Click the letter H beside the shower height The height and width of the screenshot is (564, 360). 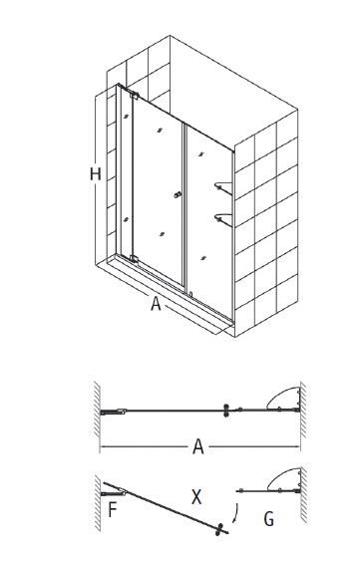click(96, 174)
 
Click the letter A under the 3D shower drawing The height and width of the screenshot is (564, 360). click(156, 304)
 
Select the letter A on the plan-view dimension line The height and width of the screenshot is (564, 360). click(198, 446)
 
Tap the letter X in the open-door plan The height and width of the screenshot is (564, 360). click(196, 497)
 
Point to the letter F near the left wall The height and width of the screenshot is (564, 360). click(113, 509)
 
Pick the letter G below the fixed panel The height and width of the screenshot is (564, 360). click(269, 519)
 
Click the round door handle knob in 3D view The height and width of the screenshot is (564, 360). click(177, 195)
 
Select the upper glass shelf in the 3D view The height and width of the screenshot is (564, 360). click(223, 187)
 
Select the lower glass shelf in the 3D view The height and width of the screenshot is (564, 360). click(223, 218)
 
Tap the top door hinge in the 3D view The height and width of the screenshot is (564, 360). click(135, 95)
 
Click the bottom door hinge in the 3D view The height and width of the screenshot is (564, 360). click(134, 259)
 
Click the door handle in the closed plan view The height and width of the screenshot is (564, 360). click(226, 411)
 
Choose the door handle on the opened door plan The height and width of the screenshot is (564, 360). click(218, 529)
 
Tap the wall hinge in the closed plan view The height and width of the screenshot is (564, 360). click(113, 412)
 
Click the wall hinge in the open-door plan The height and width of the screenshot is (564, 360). click(113, 492)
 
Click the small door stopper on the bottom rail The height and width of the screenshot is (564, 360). click(190, 294)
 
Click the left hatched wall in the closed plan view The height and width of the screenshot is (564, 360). click(97, 409)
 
